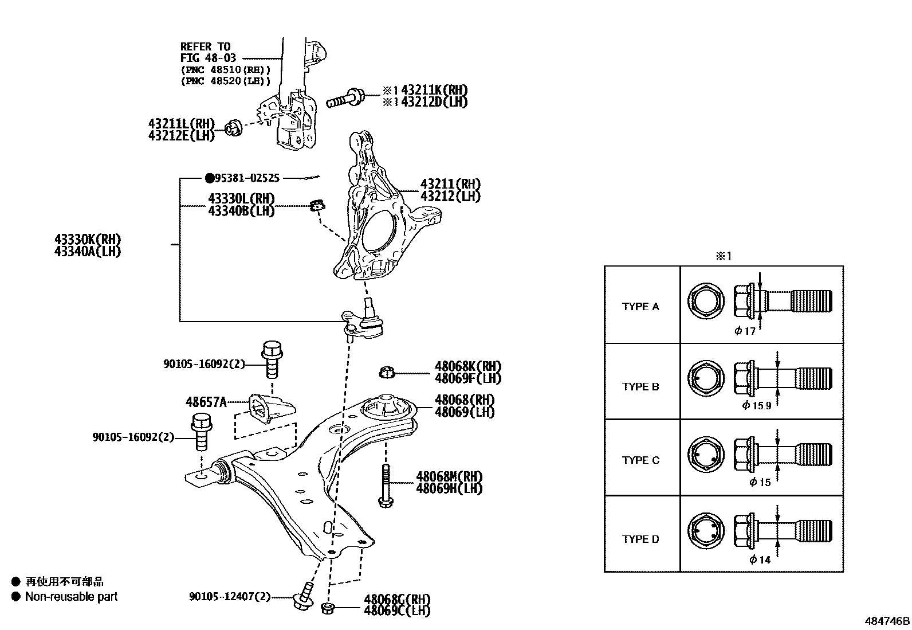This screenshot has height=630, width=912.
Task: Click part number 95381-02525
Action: click(247, 178)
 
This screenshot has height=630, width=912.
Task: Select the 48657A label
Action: click(206, 402)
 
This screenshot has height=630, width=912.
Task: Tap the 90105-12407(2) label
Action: click(229, 597)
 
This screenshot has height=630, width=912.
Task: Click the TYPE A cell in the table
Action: click(640, 307)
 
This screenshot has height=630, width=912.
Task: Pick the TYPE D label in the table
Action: click(640, 539)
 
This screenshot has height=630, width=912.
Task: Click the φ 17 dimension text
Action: click(745, 331)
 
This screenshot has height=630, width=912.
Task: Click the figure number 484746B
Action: click(887, 621)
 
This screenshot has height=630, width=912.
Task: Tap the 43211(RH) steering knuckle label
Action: click(450, 184)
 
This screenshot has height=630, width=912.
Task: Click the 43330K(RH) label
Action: click(88, 239)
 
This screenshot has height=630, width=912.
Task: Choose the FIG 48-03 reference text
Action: click(208, 58)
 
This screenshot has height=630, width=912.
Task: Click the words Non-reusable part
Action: click(71, 597)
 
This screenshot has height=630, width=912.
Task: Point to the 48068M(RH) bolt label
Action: click(449, 476)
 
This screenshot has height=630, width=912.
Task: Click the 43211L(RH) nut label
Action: click(181, 123)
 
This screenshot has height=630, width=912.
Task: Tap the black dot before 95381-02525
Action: click(210, 178)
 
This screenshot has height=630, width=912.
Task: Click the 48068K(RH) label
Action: click(467, 366)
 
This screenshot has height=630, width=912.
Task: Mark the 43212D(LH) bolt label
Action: click(434, 102)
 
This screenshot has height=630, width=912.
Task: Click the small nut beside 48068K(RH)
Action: click(387, 373)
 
